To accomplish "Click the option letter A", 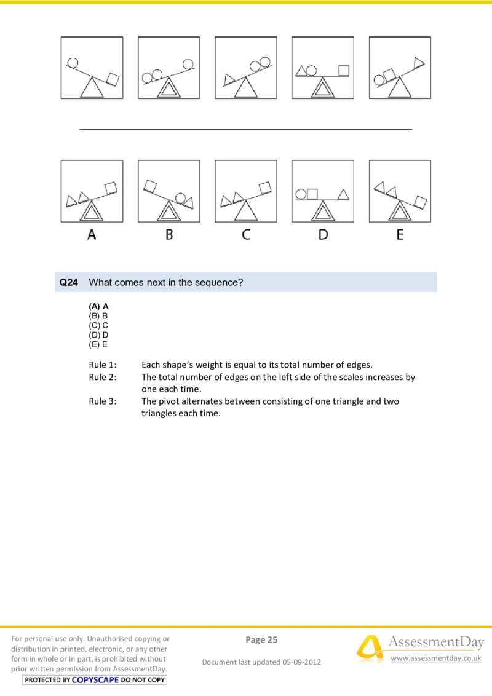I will pyautogui.click(x=92, y=234).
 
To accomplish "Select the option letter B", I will pyautogui.click(x=169, y=234).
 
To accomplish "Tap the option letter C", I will pyautogui.click(x=246, y=234).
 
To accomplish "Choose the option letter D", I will pyautogui.click(x=323, y=234).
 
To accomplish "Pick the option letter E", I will pyautogui.click(x=400, y=234).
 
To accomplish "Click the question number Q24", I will pyautogui.click(x=68, y=283).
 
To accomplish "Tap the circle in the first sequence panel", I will pyautogui.click(x=73, y=62).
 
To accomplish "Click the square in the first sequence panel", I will pyautogui.click(x=113, y=78).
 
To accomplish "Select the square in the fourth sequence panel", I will pyautogui.click(x=344, y=70).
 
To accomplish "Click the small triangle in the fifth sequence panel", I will pyautogui.click(x=419, y=61).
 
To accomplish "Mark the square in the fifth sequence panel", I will pyautogui.click(x=389, y=75).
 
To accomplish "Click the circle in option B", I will pyautogui.click(x=180, y=198).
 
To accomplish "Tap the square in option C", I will pyautogui.click(x=266, y=187).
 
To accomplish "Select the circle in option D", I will pyautogui.click(x=301, y=194).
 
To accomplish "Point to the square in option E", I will pyautogui.click(x=421, y=202).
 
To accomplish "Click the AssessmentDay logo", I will pyautogui.click(x=418, y=649).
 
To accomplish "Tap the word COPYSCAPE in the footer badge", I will pyautogui.click(x=95, y=679).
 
